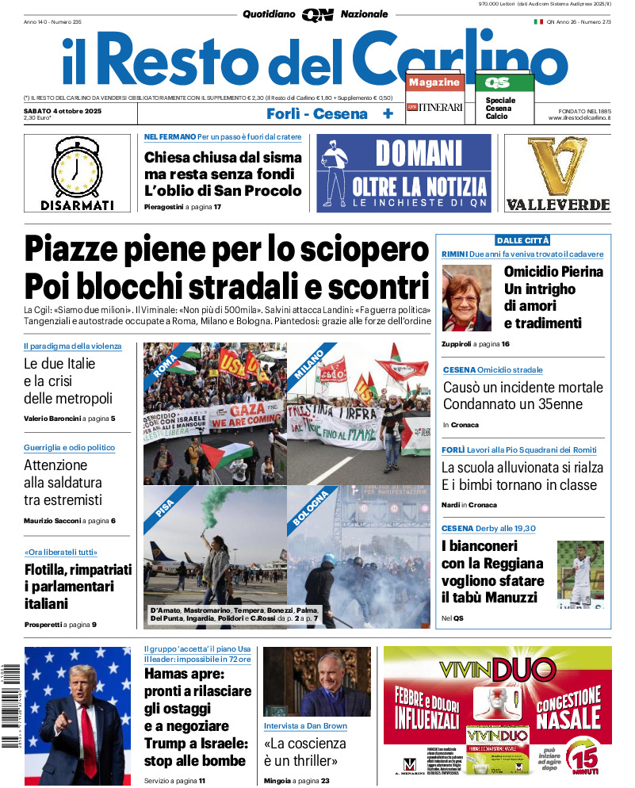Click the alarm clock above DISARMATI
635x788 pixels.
(x=77, y=167)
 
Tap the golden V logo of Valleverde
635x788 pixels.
(x=557, y=166)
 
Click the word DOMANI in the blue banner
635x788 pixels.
(x=419, y=153)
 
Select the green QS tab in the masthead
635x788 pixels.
(x=498, y=82)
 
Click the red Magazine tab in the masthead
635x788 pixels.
(x=434, y=82)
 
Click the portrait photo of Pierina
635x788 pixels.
(x=467, y=298)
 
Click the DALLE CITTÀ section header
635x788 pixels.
(x=522, y=240)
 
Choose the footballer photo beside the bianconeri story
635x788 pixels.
(x=580, y=574)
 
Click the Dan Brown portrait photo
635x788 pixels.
(x=316, y=683)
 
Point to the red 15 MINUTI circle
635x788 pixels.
(x=585, y=757)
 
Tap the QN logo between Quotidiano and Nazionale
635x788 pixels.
(x=317, y=14)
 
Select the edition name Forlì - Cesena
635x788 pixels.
(x=317, y=113)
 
